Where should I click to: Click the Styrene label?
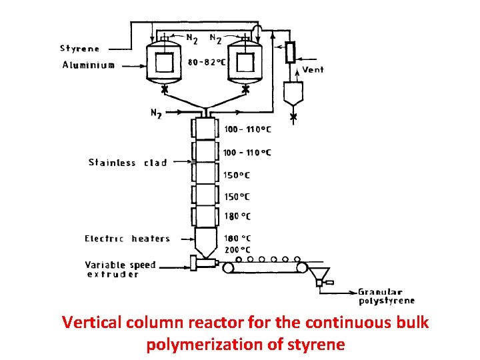80,48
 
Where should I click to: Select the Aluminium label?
88,65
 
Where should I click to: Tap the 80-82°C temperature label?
207,62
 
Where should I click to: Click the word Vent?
313,69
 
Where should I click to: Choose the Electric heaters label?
127,239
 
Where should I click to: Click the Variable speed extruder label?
120,269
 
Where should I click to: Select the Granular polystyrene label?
386,296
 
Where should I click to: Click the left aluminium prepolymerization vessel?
163,63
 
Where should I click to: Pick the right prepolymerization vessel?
244,63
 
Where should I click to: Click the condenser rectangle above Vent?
290,52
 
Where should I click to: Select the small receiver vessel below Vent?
293,93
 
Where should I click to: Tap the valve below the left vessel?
164,88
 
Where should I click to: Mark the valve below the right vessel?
245,88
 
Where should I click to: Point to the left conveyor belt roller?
229,267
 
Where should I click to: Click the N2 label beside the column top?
155,114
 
